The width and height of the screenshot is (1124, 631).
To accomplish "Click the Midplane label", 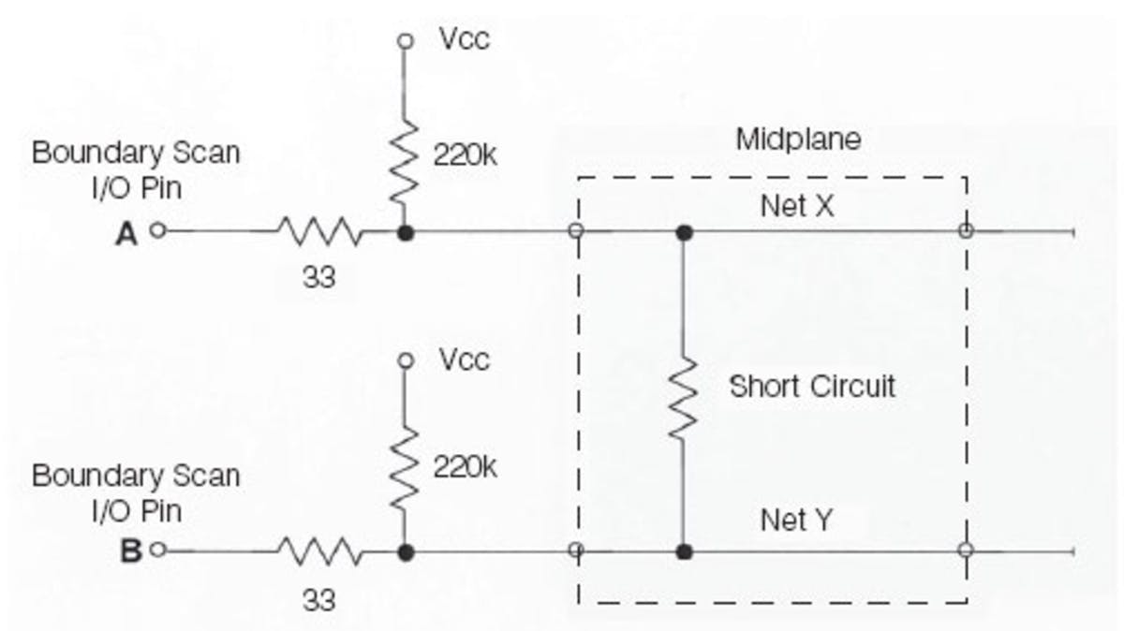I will (797, 140).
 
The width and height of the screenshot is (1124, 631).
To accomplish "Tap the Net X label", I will (797, 206).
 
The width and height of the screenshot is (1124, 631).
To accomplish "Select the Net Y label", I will (796, 520).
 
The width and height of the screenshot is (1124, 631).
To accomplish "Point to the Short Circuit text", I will (812, 386).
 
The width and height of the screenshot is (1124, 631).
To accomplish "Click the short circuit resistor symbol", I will (685, 392).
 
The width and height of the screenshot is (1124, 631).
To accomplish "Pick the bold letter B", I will (130, 551).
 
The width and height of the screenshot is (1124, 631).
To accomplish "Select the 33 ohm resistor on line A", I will (318, 230).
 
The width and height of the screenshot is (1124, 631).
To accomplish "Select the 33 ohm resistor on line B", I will (318, 550).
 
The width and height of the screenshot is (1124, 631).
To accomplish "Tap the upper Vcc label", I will (464, 41).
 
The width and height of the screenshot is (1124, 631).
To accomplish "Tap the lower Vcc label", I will (464, 361).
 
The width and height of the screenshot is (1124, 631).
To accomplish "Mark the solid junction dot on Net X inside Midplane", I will (685, 231).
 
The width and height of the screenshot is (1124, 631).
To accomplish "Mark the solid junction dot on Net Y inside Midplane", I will (685, 551).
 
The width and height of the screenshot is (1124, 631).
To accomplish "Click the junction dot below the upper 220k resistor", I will (405, 231).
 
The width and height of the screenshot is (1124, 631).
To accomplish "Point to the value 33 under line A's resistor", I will (318, 279).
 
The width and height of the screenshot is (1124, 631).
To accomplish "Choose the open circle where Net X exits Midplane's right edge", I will (966, 230).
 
